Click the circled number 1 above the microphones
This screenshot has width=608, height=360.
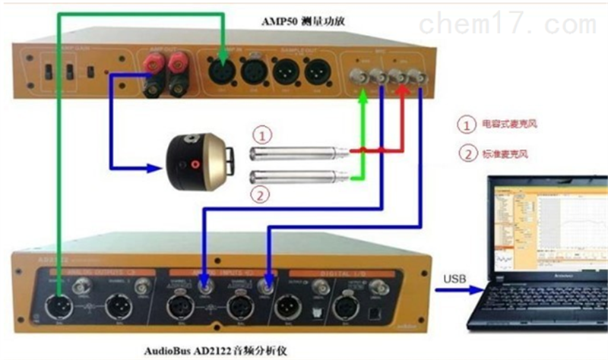point(261,136)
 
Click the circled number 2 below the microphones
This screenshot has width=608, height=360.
point(261,195)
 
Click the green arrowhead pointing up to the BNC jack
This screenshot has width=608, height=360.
point(363,96)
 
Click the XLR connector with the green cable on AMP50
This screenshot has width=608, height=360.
point(221,73)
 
